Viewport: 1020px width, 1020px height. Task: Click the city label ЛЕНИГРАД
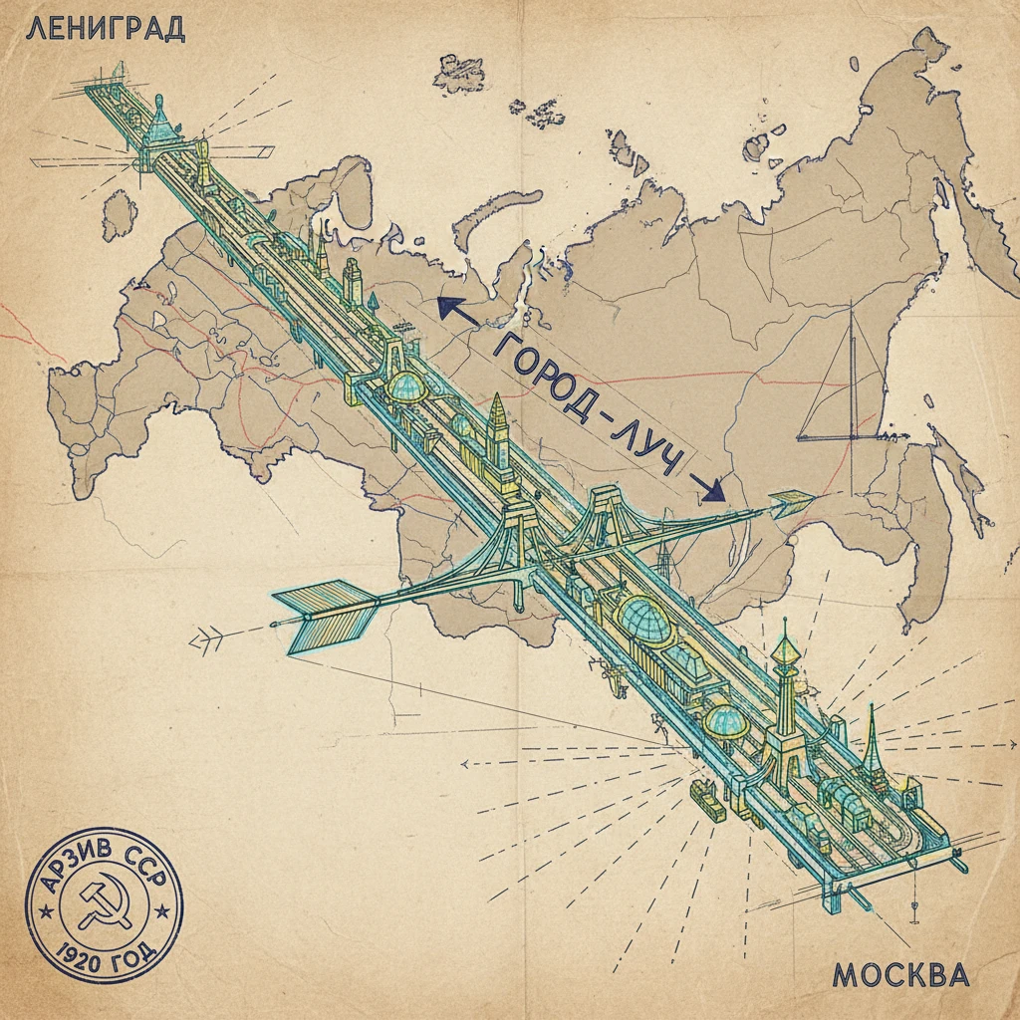(105, 28)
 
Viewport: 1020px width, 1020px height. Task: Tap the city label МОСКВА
(899, 973)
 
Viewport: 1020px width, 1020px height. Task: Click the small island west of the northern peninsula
(120, 213)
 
